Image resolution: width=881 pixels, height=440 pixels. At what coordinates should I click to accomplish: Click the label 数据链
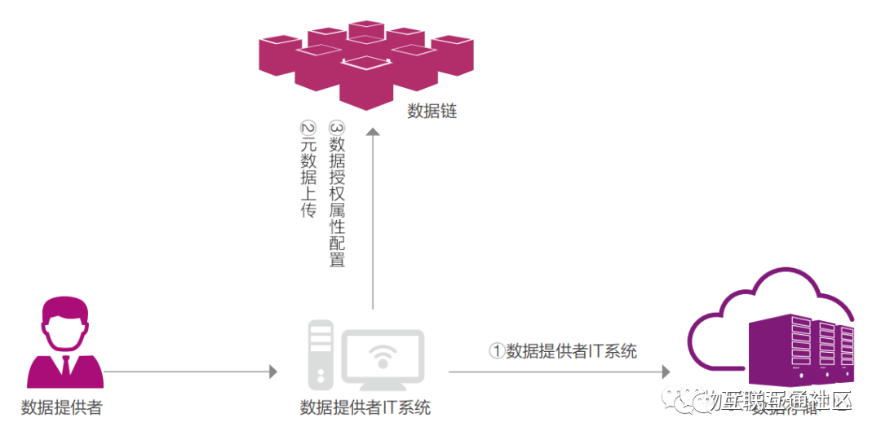pos(432,112)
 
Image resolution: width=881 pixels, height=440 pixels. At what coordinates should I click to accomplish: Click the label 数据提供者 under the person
pos(62,408)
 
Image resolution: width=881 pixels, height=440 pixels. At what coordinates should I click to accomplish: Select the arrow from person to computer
pos(191,372)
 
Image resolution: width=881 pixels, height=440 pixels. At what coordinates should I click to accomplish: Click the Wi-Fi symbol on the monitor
pos(383,356)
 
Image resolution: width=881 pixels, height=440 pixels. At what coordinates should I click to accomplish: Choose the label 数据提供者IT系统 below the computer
pos(365,408)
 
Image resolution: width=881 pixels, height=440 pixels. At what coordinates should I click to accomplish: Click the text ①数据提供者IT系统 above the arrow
pos(563,351)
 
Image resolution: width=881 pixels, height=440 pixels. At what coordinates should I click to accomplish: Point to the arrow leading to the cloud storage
pos(560,372)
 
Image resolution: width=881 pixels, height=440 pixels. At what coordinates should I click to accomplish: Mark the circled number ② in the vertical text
pos(308,128)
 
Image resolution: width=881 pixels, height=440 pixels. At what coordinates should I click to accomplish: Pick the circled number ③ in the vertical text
pos(336,128)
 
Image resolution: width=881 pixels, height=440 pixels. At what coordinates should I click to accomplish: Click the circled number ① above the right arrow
pos(497,351)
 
